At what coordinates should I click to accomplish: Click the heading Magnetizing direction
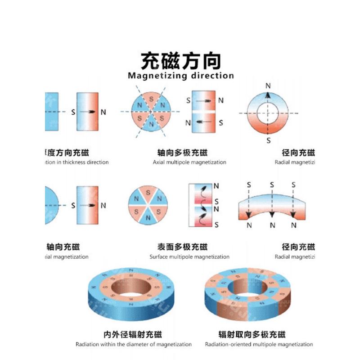tap(180, 76)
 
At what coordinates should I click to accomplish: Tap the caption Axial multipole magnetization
tap(189, 162)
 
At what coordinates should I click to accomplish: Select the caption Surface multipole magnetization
tap(189, 257)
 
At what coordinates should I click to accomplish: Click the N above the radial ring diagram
tap(268, 85)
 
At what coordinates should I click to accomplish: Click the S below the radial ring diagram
tap(268, 141)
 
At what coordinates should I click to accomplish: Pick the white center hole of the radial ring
tap(268, 112)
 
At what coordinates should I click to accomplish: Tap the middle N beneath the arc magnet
tap(271, 225)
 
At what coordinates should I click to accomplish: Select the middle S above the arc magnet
tap(271, 184)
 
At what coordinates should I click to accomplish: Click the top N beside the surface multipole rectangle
tap(216, 186)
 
